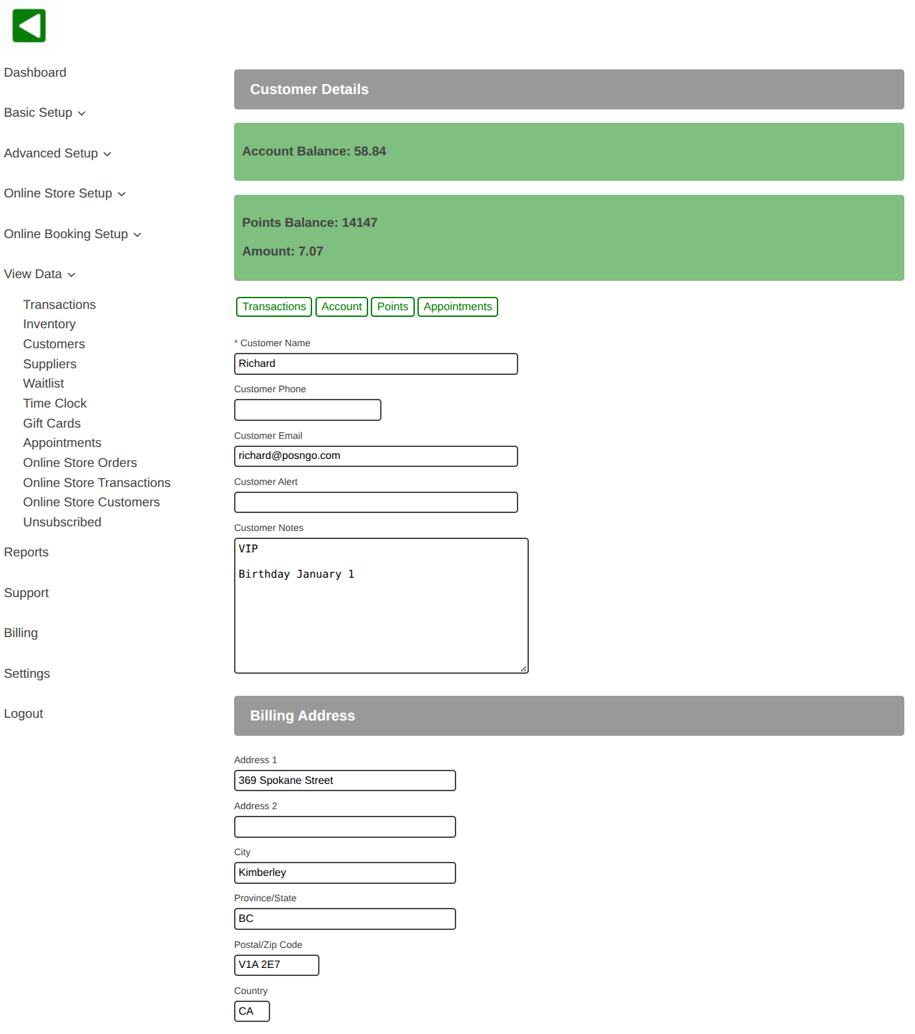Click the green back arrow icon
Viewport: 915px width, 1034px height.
29,26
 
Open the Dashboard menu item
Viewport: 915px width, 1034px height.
35,73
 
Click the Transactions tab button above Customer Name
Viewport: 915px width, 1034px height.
274,307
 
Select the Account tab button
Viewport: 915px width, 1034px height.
341,307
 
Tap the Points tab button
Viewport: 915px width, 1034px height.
392,307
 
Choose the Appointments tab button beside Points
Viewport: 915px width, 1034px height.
457,307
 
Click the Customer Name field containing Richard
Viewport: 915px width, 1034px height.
375,364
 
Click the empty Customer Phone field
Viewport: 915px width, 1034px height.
307,410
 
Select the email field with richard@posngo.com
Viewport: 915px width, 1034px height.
375,456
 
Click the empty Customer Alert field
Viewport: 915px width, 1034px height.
375,502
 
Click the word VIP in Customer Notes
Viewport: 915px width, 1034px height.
248,549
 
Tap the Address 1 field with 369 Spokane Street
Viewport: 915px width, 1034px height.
345,781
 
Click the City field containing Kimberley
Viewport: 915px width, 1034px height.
345,873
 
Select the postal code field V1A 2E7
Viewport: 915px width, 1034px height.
276,965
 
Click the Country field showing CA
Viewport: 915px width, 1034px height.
251,1011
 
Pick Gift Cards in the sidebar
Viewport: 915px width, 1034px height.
52,424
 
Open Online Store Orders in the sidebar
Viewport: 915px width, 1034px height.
80,463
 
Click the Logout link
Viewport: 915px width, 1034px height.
23,714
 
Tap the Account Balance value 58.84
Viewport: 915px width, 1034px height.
369,151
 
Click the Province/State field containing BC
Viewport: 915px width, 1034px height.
345,919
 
